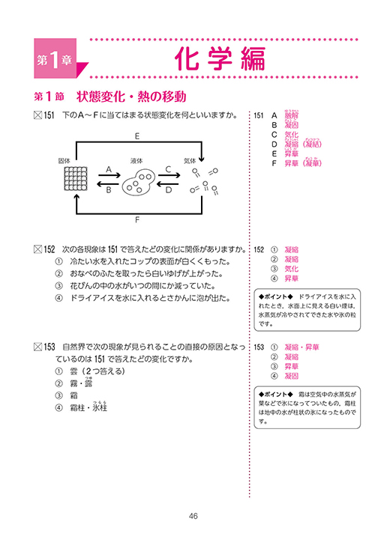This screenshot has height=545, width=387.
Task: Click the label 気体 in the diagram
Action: click(190, 160)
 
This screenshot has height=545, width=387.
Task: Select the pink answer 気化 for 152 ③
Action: click(291, 269)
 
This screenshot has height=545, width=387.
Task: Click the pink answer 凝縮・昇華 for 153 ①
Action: click(301, 347)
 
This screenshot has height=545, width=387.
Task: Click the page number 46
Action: click(193, 516)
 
